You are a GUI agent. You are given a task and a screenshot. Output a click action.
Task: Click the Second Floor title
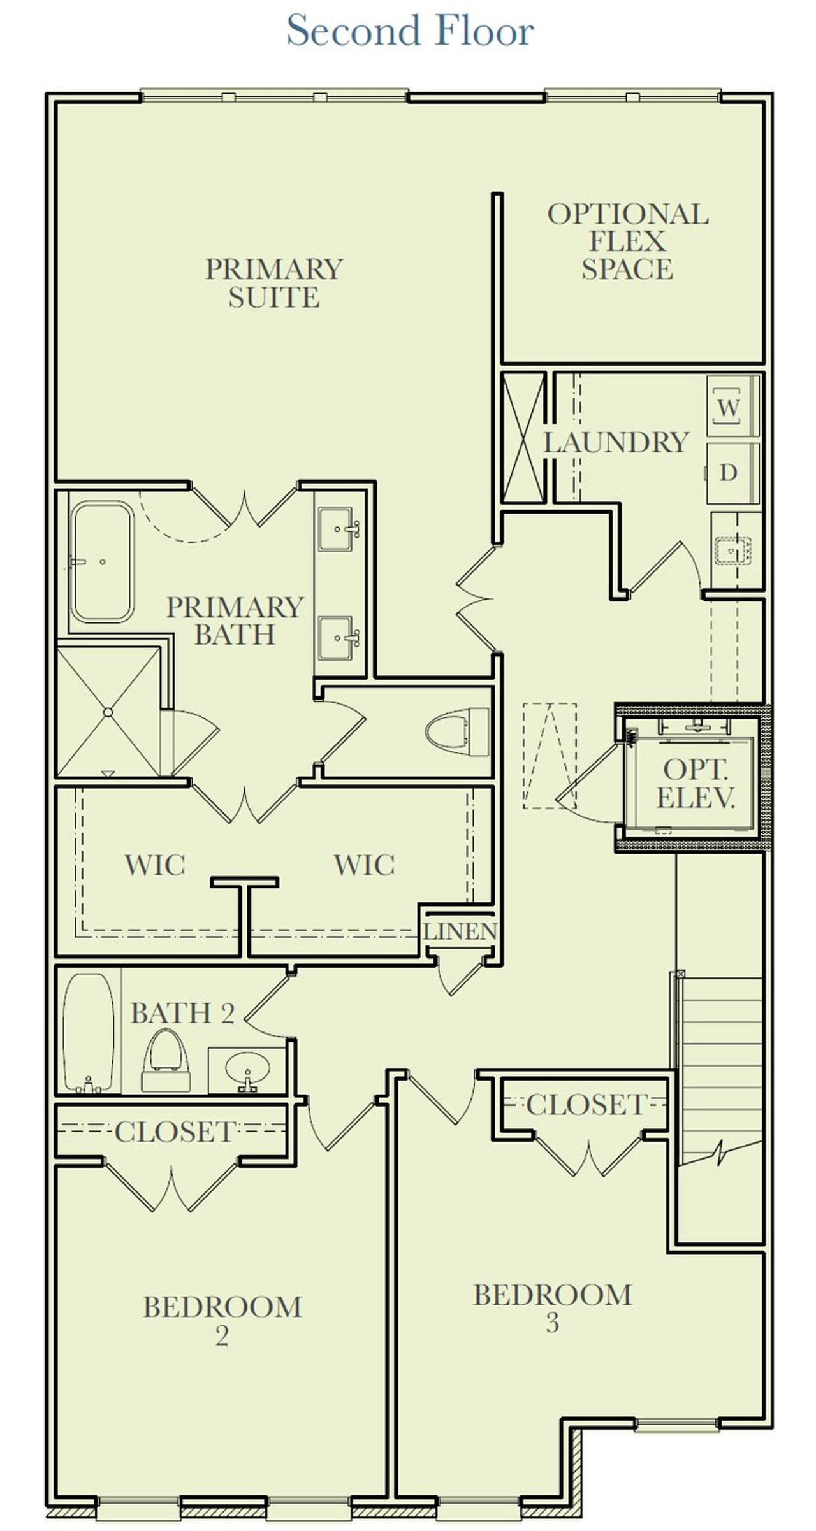click(409, 31)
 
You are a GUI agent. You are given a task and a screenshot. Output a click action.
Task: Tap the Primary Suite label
click(274, 283)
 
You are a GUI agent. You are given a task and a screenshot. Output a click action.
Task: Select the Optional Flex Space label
click(627, 241)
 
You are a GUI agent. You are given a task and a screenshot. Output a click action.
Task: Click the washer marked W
click(729, 406)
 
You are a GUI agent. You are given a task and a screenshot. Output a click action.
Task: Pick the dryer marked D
click(729, 473)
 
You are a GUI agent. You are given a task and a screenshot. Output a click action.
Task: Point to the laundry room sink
click(733, 548)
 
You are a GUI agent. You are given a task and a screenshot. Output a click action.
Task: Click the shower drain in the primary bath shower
click(108, 712)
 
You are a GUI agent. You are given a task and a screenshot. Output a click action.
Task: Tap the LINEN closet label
click(460, 931)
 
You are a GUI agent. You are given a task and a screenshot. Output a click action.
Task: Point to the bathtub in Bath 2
click(89, 1032)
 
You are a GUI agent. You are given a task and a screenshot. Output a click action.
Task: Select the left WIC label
click(155, 865)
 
